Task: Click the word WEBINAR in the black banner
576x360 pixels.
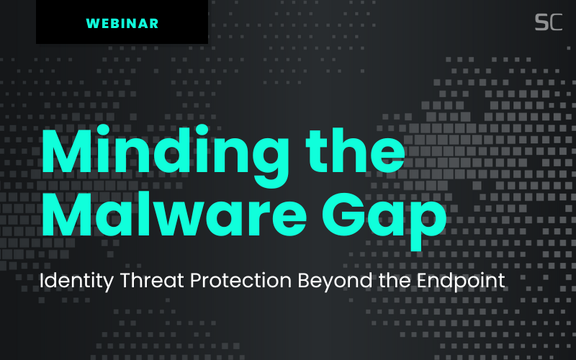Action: click(122, 23)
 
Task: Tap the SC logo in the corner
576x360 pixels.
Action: click(548, 22)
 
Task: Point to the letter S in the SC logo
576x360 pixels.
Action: click(541, 22)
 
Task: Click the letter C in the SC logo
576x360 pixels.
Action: click(555, 22)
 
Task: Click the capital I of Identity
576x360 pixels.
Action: click(42, 281)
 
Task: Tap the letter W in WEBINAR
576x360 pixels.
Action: click(92, 23)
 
